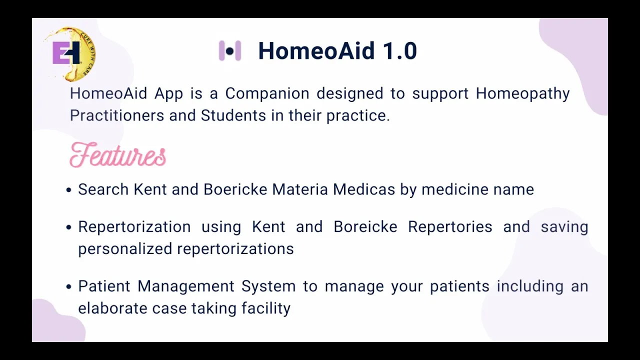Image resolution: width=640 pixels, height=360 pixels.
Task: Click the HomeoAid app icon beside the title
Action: coord(229,51)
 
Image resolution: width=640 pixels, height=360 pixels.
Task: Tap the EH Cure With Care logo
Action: coord(70,53)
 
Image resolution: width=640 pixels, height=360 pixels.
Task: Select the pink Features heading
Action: coord(117,154)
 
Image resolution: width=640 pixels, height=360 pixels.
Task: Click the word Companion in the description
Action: coord(267,93)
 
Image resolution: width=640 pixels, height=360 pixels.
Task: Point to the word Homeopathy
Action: coord(522,93)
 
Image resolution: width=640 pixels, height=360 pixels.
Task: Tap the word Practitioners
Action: coord(117,115)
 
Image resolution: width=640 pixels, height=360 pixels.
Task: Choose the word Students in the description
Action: coord(233,115)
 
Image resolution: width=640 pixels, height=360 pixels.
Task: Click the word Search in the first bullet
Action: coord(103,189)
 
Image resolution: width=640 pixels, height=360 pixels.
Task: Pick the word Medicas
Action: coord(363,189)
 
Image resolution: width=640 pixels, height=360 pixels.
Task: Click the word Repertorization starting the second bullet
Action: coord(134,227)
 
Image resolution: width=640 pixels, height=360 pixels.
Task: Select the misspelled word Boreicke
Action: coord(365,226)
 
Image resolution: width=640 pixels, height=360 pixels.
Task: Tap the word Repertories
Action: coord(450,227)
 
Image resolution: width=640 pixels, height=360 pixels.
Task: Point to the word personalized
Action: coord(125,249)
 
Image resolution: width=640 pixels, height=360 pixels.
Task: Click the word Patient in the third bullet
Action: coord(104,286)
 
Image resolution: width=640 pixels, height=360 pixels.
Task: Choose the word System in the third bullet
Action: coord(268,286)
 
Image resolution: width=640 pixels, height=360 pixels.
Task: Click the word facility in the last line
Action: coord(266,308)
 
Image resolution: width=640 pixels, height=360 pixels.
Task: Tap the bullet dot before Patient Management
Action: coord(68,286)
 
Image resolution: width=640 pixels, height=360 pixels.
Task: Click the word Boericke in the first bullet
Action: coord(235,189)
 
